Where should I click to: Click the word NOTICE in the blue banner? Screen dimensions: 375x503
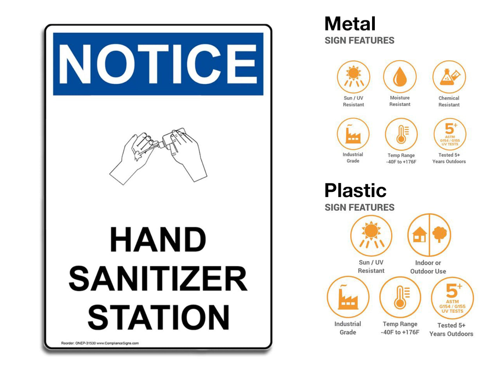158,64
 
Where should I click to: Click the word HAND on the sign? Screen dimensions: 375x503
158,239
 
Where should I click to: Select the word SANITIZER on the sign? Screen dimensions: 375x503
158,278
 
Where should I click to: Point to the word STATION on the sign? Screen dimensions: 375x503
158,317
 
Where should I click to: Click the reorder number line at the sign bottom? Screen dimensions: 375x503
100,343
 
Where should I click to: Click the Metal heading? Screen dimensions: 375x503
350,24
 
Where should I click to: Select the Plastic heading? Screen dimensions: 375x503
355,191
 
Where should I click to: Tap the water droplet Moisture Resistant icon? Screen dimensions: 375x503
399,77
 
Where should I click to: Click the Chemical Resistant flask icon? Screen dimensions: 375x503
449,77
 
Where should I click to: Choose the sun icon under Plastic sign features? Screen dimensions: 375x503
371,235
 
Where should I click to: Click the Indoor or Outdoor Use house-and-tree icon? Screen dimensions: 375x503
429,235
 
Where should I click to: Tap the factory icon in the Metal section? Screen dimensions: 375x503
353,135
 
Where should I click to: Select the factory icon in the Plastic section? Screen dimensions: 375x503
348,297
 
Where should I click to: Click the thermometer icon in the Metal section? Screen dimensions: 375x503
401,135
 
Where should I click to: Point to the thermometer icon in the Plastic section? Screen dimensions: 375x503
400,297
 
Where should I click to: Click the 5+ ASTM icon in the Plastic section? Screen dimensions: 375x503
452,298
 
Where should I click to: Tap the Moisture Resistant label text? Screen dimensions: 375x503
400,101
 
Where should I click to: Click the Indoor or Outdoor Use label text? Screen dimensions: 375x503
428,267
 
